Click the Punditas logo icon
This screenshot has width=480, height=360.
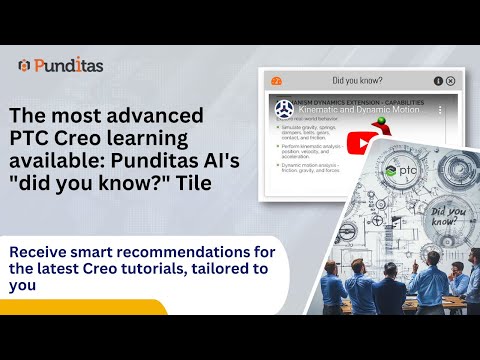(x=24, y=66)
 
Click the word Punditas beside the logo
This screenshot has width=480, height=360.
(x=68, y=66)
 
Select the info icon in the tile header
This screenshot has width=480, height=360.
(x=437, y=80)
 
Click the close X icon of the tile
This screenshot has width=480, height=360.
(x=450, y=80)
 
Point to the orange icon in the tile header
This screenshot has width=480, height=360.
(x=277, y=80)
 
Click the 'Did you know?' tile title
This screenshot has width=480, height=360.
(x=357, y=80)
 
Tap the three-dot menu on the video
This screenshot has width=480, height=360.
(x=439, y=109)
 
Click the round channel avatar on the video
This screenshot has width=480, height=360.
(x=283, y=108)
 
